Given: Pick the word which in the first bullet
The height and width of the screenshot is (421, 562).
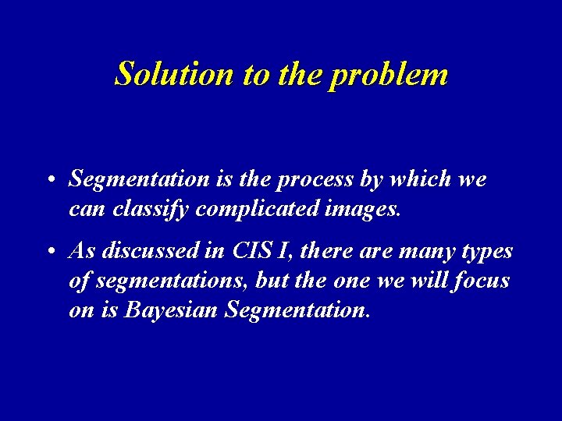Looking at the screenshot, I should (x=422, y=179).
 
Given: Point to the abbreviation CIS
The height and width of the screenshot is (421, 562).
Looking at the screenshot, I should (x=251, y=251).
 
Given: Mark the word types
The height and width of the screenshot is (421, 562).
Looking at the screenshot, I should (x=487, y=253).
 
